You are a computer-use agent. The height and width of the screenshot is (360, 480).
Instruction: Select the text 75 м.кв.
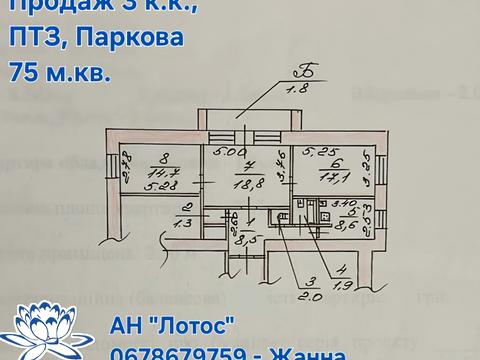pos(61,72)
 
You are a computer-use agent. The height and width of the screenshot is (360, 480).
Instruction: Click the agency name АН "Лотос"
pos(172,325)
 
